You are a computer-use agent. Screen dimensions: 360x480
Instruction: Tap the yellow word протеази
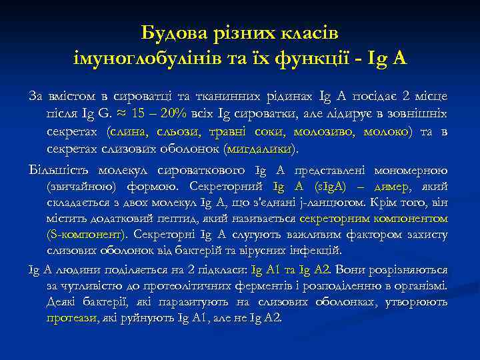point(71,318)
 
